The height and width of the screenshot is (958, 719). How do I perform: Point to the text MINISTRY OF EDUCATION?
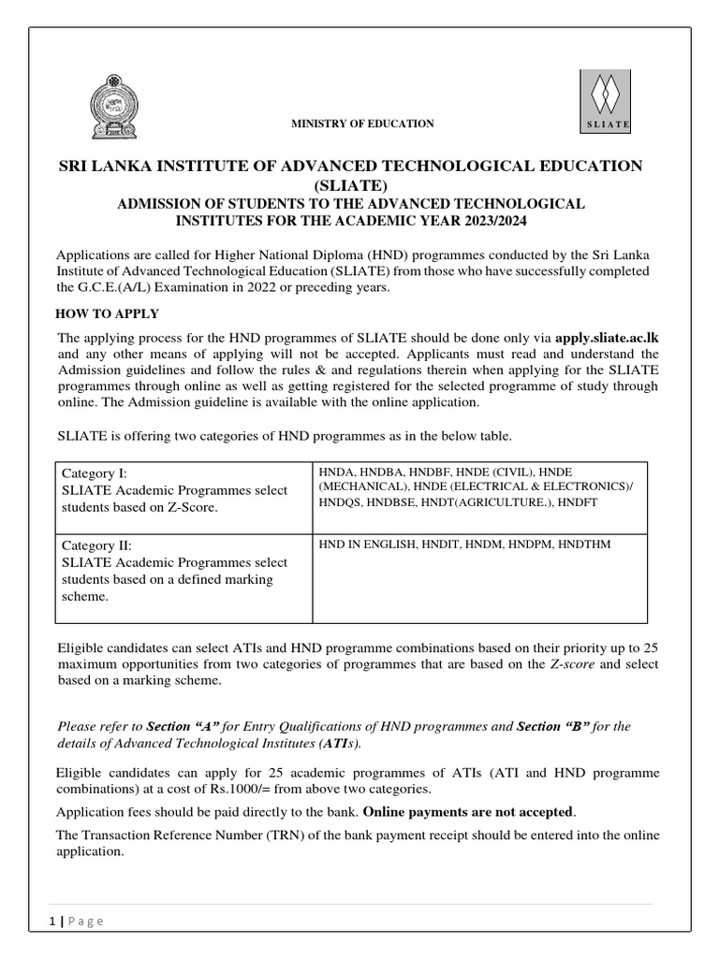(364, 123)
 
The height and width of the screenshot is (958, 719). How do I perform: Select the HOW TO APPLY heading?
(108, 313)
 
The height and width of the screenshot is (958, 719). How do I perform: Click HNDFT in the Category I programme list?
(580, 502)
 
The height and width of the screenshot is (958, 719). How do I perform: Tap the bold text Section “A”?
(183, 726)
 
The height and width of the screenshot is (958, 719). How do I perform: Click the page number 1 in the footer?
(52, 921)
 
